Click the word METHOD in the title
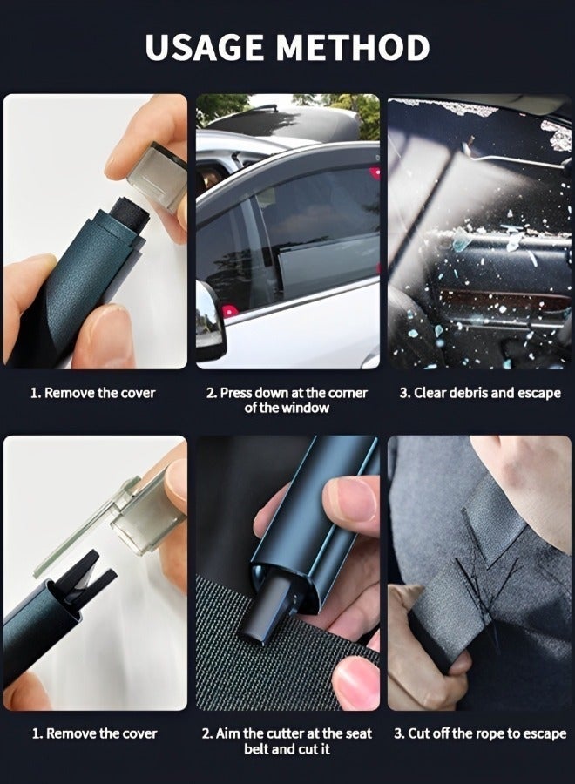pyautogui.click(x=354, y=47)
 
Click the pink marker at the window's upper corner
pyautogui.click(x=374, y=173)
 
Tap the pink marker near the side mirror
pyautogui.click(x=230, y=311)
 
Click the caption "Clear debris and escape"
pyautogui.click(x=480, y=393)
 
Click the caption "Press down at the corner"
pyautogui.click(x=287, y=393)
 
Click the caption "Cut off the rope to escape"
pyautogui.click(x=480, y=733)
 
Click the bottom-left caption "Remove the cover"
pyautogui.click(x=94, y=733)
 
